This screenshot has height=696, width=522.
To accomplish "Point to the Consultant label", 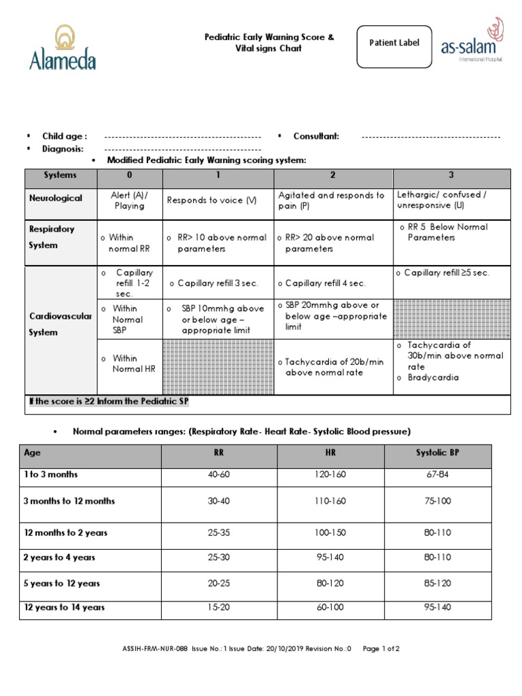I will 316,136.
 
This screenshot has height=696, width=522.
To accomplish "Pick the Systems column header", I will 60,175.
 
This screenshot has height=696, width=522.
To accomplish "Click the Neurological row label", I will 56,198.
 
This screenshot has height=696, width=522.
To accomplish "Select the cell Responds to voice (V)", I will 212,201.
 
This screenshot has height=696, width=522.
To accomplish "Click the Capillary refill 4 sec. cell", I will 325,283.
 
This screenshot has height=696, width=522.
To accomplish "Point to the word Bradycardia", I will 432,378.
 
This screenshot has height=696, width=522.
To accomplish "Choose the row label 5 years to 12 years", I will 62,583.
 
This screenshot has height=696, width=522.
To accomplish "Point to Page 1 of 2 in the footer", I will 381,649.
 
